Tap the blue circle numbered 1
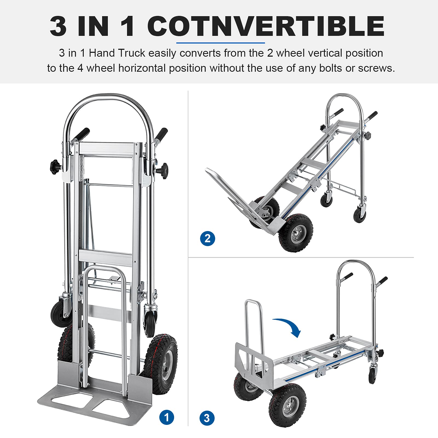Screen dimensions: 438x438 point(167,417)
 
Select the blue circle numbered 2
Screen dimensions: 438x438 point(208,238)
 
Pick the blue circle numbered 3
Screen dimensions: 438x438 point(207,418)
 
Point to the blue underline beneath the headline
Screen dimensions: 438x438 point(221,43)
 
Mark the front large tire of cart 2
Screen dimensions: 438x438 point(296,233)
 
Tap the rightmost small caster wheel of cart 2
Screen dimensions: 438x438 point(359,215)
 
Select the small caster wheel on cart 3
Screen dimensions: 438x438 point(372,375)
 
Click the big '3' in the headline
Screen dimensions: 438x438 point(58,26)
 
